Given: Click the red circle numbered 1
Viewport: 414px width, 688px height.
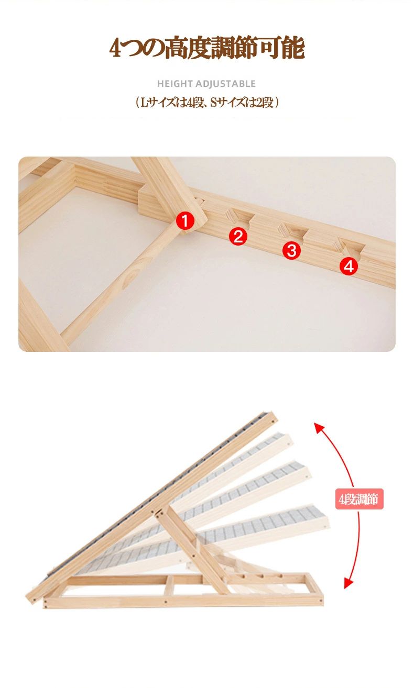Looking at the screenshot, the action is [185, 220].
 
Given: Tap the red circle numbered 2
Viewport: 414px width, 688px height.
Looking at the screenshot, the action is [238, 236].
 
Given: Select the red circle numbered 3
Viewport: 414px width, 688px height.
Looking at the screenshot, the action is [292, 250].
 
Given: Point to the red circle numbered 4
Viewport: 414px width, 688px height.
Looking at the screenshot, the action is [348, 266].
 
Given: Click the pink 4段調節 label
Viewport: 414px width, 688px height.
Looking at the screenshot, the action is [359, 499].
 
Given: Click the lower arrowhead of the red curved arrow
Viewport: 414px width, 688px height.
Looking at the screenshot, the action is [348, 583].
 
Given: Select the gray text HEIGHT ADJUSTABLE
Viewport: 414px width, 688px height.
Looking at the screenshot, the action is [206, 84].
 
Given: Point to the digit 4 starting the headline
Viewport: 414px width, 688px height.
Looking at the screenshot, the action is [116, 48].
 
